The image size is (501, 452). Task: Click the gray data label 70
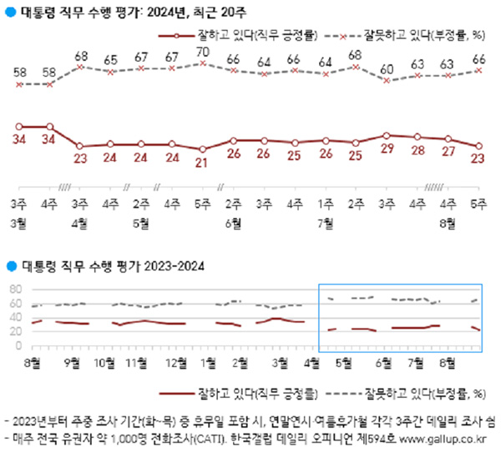(202, 53)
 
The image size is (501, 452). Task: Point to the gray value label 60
(387, 68)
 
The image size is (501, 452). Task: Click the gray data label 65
(110, 60)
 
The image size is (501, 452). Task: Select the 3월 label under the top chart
(18, 223)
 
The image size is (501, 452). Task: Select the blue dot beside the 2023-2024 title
(9, 266)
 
